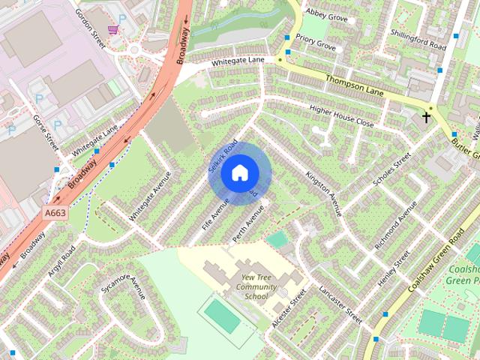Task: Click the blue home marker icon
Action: click(239, 173)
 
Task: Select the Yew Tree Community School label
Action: click(250, 286)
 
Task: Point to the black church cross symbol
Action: click(427, 117)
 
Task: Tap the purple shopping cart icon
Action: click(112, 30)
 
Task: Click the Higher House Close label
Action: click(341, 116)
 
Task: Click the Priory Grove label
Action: click(316, 45)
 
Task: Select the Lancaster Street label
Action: click(340, 303)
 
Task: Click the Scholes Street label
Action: click(392, 169)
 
